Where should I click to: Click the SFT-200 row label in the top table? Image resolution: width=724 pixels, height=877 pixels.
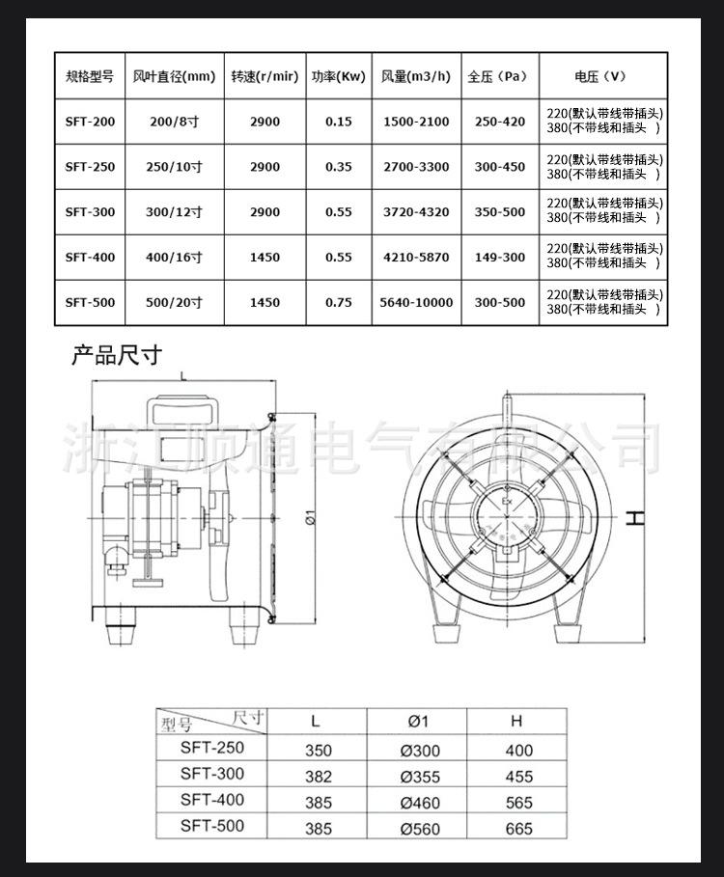pyautogui.click(x=90, y=122)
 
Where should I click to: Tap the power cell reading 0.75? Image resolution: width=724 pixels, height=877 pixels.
pyautogui.click(x=339, y=302)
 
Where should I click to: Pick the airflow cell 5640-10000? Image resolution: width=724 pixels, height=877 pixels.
pyautogui.click(x=416, y=302)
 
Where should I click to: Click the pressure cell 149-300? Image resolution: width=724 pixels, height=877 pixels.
pyautogui.click(x=500, y=258)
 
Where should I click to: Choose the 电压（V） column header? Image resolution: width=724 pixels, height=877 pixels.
pyautogui.click(x=600, y=76)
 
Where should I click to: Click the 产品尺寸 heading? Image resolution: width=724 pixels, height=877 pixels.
pyautogui.click(x=117, y=355)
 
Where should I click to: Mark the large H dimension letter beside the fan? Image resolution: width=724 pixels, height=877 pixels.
pyautogui.click(x=634, y=517)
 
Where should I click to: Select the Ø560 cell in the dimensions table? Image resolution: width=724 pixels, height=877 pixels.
pyautogui.click(x=418, y=828)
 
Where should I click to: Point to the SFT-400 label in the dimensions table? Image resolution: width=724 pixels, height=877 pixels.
pyautogui.click(x=212, y=800)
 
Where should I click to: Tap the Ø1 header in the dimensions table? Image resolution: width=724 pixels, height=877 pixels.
pyautogui.click(x=418, y=721)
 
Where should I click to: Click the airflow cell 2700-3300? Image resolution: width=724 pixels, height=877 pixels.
pyautogui.click(x=416, y=167)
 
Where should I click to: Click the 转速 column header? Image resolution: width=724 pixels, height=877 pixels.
pyautogui.click(x=264, y=76)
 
